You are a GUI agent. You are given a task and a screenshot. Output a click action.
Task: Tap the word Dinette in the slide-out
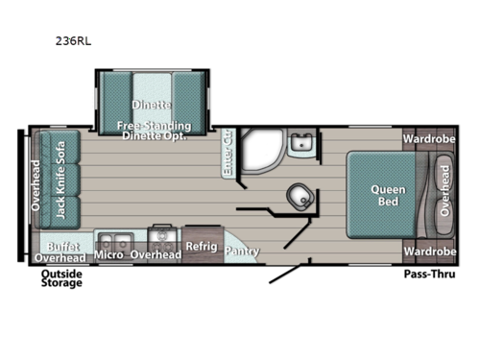(153, 104)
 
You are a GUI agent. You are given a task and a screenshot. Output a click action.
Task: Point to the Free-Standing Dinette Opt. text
(154, 131)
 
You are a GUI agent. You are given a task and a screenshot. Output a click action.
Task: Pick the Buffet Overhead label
(60, 252)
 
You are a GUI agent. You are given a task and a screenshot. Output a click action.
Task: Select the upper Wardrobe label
(429, 137)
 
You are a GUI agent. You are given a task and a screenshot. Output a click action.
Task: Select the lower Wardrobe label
(429, 252)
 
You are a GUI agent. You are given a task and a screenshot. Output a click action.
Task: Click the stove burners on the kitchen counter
(160, 236)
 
